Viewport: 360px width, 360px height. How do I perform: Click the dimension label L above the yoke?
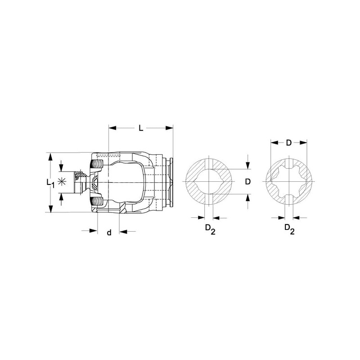[141, 128]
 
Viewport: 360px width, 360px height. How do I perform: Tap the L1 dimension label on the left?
[50, 183]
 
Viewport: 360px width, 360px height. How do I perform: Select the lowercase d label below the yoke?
[109, 232]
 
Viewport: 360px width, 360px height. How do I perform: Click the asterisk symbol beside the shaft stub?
[62, 182]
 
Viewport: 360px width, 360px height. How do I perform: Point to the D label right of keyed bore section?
[248, 182]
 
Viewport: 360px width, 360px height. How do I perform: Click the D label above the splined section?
[288, 143]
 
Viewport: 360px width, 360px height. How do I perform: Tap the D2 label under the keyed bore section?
[210, 229]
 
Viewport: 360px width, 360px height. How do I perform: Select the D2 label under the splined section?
[289, 229]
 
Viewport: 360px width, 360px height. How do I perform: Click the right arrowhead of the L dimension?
[169, 128]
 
